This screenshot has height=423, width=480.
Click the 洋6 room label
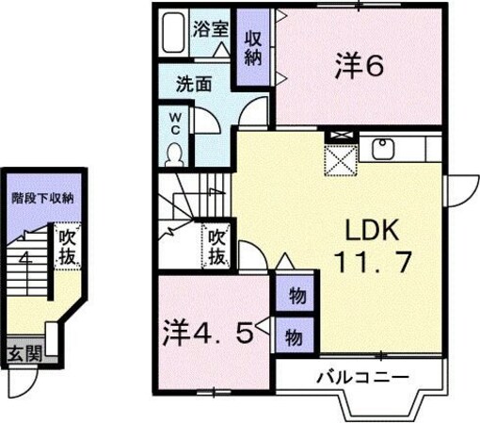tap(358, 65)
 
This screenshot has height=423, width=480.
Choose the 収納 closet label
tap(253, 48)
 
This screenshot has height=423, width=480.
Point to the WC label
tap(175, 124)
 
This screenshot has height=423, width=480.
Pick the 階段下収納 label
tap(42, 200)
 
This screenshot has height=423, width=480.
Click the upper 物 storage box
tap(296, 296)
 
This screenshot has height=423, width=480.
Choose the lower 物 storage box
tap(294, 334)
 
